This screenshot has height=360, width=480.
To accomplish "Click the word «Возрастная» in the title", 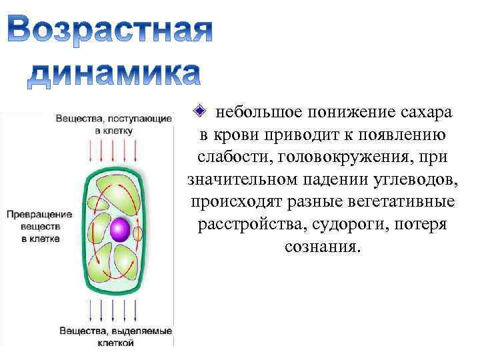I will coord(111,31).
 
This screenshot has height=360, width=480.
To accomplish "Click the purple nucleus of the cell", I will coord(120,229).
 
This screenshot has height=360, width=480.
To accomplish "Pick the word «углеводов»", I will coord(412,179).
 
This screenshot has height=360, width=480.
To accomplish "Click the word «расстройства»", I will coord(246,225).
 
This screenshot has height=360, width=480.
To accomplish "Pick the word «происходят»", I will coord(234,202).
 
